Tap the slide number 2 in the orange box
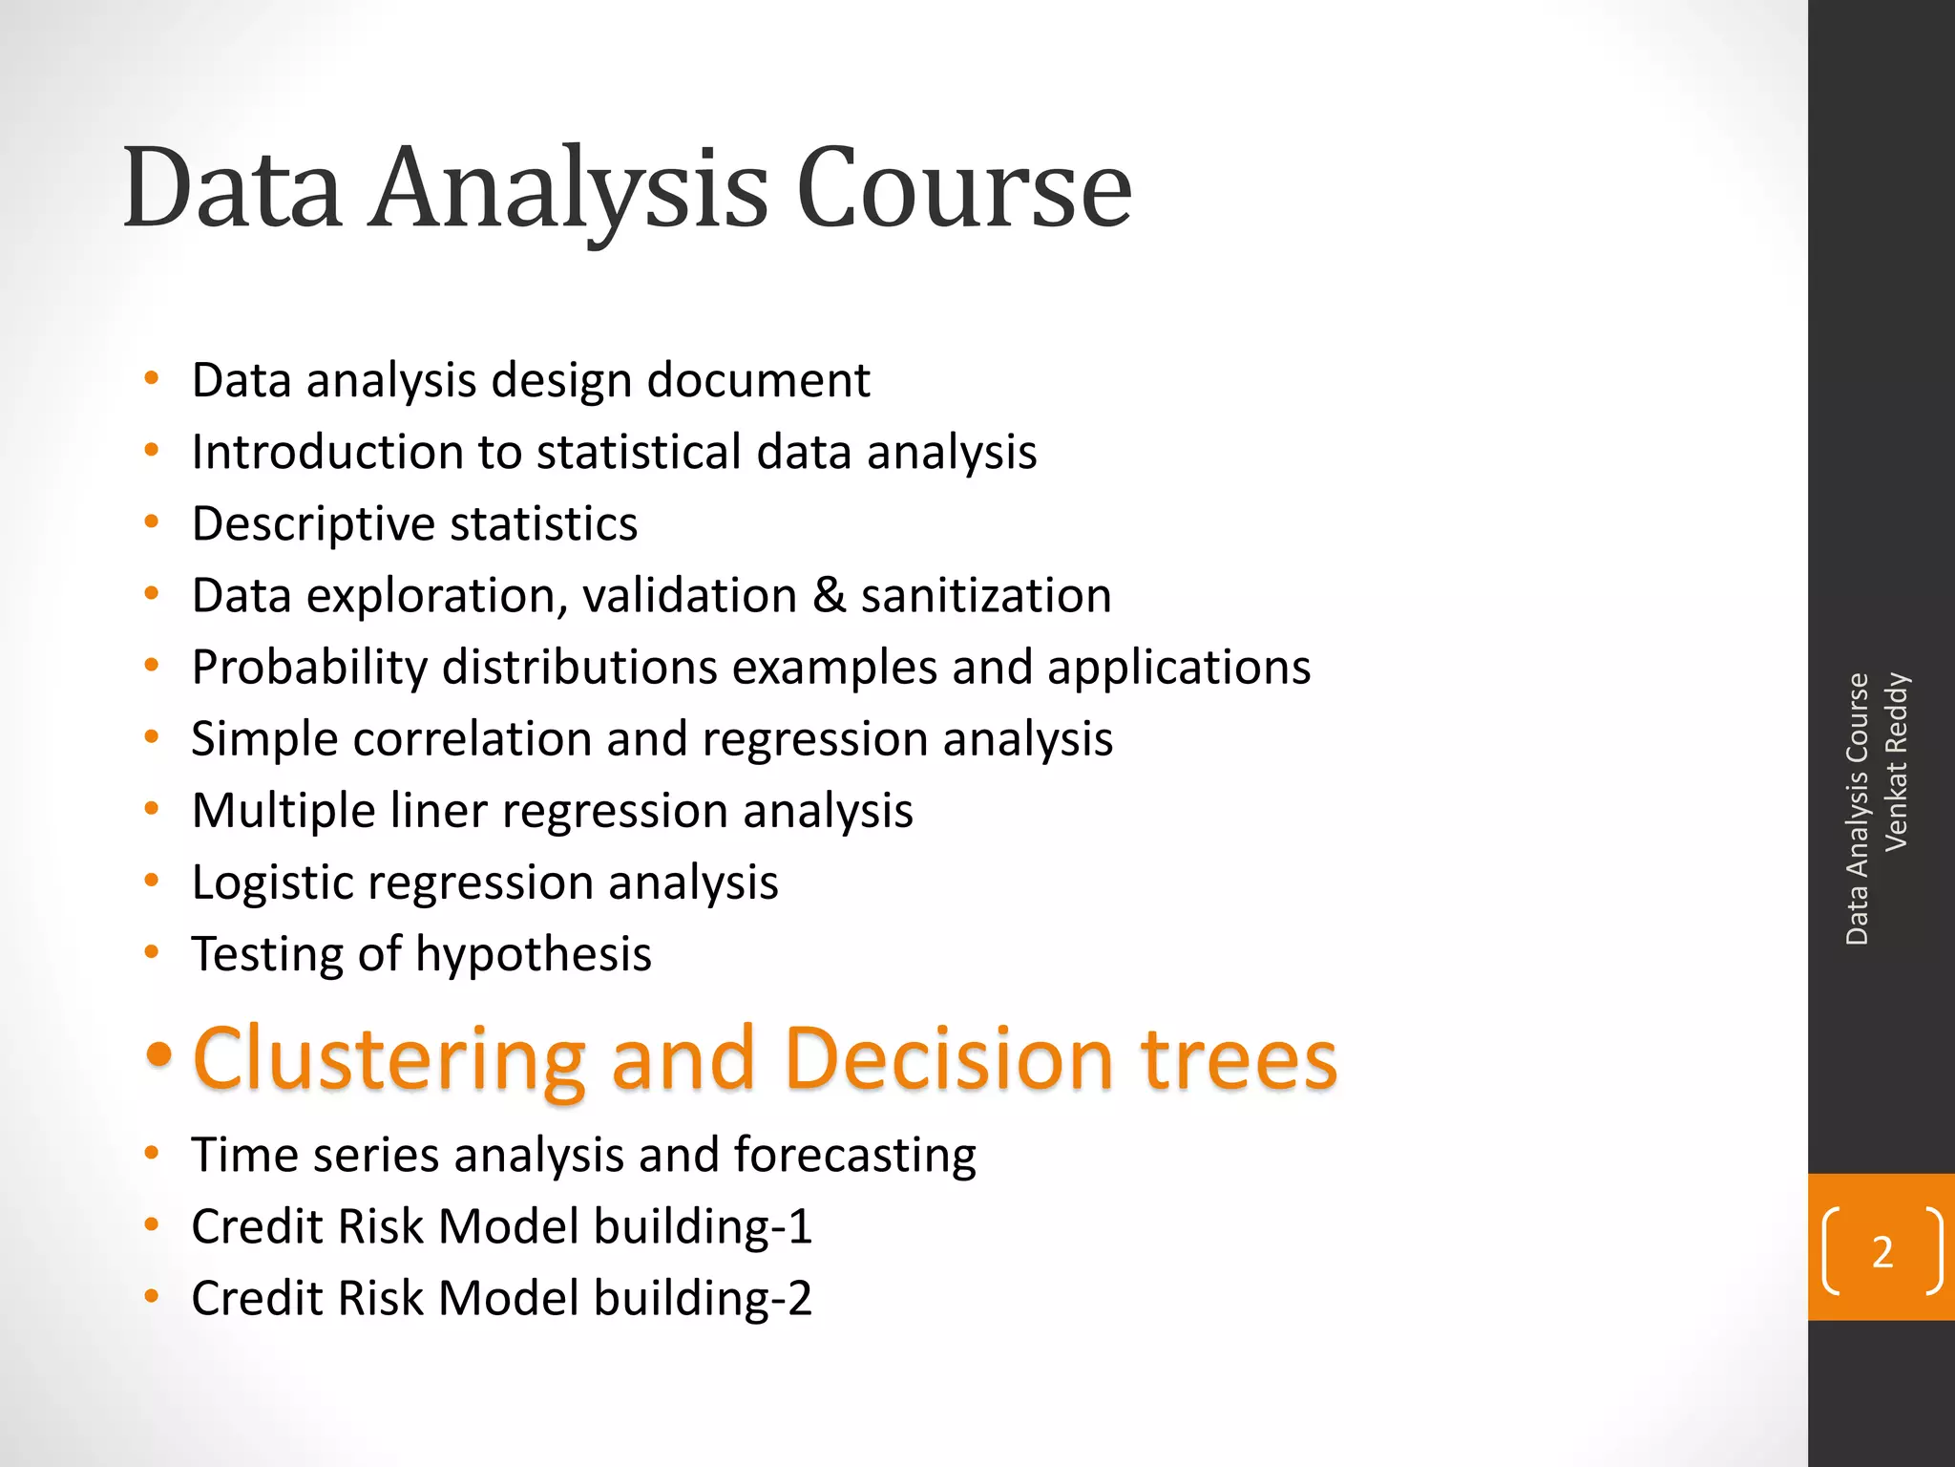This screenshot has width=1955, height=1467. (x=1881, y=1252)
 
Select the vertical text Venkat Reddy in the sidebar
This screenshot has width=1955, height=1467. (x=1897, y=761)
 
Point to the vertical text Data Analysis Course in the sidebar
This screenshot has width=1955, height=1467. (x=1857, y=809)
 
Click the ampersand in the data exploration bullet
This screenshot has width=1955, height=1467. (x=829, y=595)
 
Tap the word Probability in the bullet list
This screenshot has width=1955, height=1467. (x=309, y=668)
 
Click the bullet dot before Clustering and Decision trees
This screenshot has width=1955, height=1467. (x=158, y=1054)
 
